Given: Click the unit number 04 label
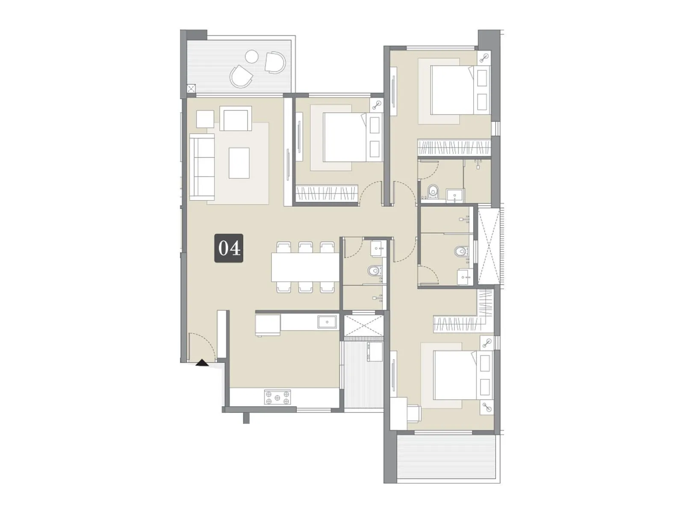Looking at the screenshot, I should point(229,248).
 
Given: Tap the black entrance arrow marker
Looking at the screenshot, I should point(201,363).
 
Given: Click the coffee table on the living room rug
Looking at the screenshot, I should point(239,162).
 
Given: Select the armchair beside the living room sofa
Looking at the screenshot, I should point(236,119).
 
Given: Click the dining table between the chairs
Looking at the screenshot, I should point(306,267).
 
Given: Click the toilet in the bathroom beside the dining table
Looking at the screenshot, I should point(375,271).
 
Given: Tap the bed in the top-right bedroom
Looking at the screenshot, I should point(453,90).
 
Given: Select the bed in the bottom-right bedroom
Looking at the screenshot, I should point(455,375).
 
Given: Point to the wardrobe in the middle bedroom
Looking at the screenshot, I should point(327,193).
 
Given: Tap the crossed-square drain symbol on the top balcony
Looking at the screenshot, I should point(191,89).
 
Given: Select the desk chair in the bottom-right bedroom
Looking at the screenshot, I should point(414,412).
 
